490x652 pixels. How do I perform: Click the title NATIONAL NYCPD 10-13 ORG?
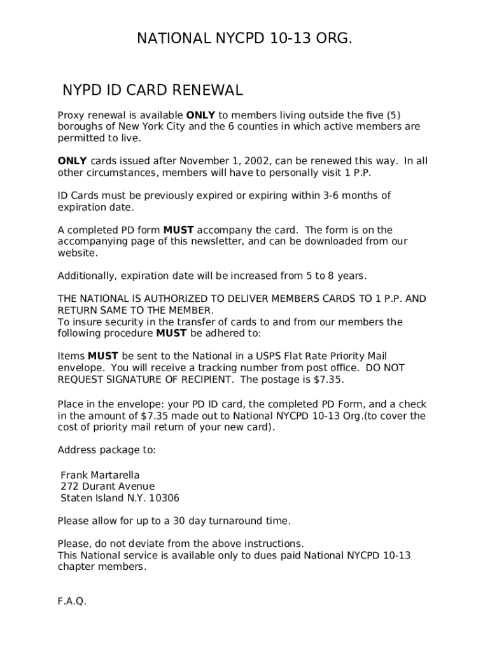tap(245, 39)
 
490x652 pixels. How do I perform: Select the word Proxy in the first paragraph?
tap(71, 115)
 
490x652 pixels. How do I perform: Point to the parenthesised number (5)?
tap(395, 115)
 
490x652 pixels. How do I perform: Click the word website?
tap(78, 253)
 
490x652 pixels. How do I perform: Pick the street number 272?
tap(69, 486)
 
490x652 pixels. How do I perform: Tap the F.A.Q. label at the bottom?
tap(72, 602)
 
